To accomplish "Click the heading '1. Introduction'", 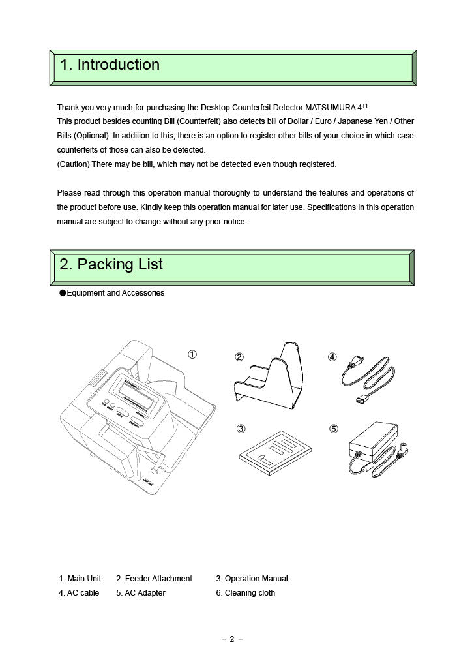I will click(x=110, y=65).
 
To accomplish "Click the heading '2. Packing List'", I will click(x=111, y=265).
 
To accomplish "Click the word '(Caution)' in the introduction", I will click(x=73, y=164).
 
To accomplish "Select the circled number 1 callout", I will click(x=192, y=354).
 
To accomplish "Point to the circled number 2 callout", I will click(x=239, y=357).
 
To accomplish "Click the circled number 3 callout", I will click(x=241, y=429).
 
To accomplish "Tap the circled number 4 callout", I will click(x=332, y=357).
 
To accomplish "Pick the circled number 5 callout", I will click(x=334, y=429).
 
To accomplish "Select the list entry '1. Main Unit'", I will click(x=80, y=579).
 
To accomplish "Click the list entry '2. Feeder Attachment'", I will click(x=154, y=579).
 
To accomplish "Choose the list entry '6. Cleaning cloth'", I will click(x=245, y=593).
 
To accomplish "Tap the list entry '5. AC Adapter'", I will click(x=140, y=593).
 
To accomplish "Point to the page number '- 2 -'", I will click(x=232, y=639).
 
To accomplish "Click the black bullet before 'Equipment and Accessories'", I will click(x=63, y=294).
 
